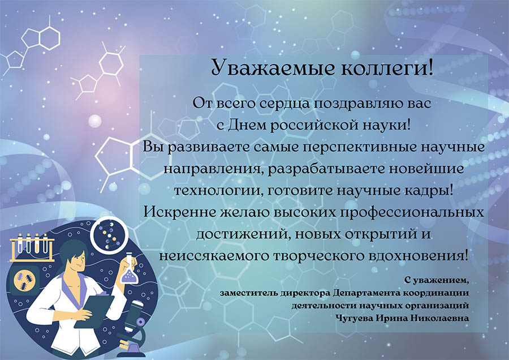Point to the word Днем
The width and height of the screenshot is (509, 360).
247,125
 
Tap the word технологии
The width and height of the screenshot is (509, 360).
218,190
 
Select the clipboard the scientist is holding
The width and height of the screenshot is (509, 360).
94,311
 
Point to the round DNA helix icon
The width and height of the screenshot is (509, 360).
108,235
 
